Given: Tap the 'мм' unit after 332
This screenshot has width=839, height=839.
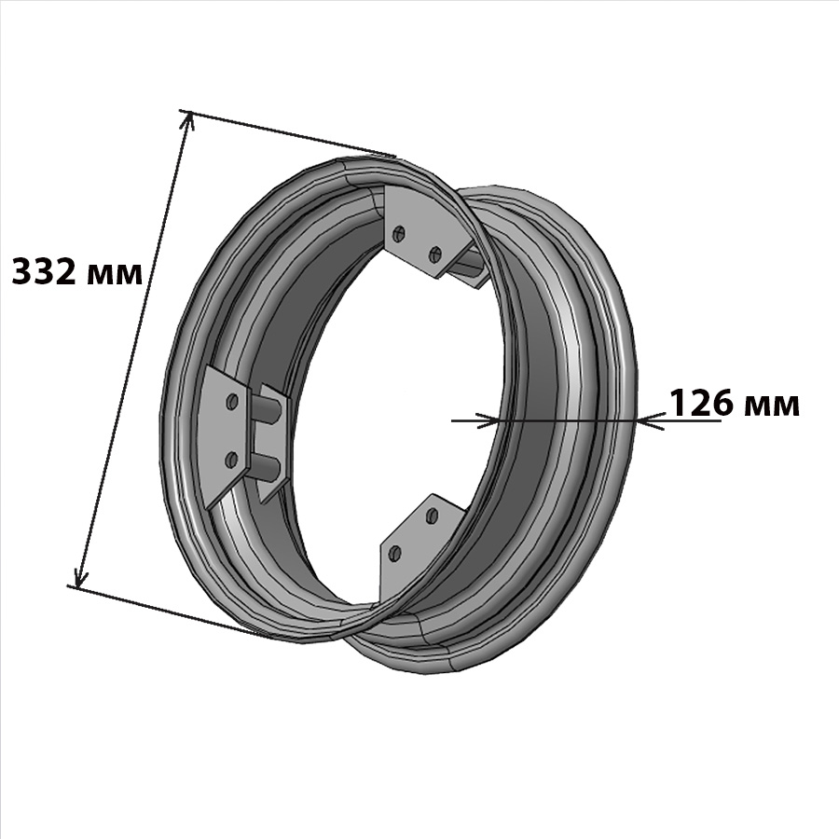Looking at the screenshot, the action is (114, 275).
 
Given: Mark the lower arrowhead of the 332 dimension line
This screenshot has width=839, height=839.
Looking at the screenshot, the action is (81, 576).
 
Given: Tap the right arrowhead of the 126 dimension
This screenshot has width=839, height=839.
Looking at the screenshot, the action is (649, 421).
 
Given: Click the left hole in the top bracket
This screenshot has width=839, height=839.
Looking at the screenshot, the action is (399, 233).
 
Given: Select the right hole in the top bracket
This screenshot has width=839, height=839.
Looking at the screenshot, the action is (435, 254).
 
